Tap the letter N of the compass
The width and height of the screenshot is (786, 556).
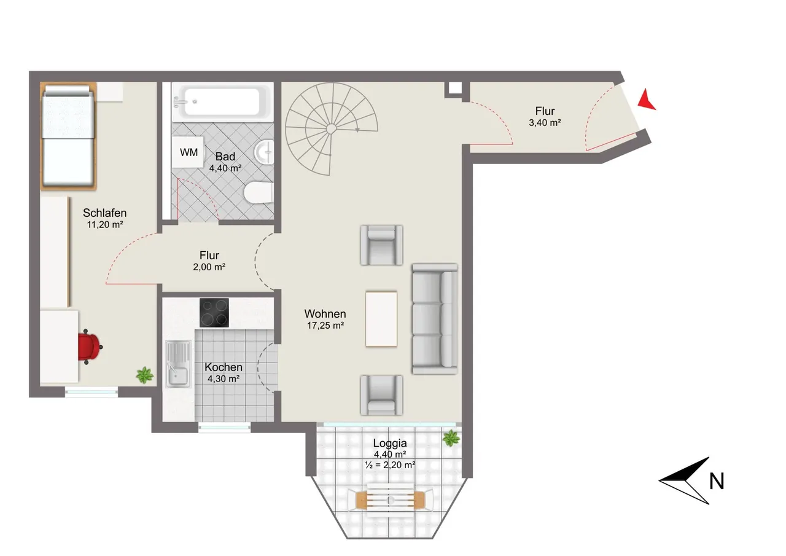coord(717,481)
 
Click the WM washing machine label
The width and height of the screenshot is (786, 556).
coord(189,152)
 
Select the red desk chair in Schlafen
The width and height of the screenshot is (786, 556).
coord(89,347)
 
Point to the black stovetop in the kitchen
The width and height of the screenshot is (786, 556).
coord(214,312)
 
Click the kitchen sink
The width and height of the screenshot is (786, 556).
coord(178,364)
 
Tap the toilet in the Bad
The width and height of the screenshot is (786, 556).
coord(259,192)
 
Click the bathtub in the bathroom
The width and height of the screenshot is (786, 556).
coord(222,102)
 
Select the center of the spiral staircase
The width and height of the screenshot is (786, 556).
coord(330,129)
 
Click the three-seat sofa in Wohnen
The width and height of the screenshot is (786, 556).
coord(435,319)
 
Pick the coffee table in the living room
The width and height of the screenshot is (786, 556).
coord(381,319)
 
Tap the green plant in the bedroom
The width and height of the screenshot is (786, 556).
coord(144,375)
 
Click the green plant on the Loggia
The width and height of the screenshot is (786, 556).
coord(451,439)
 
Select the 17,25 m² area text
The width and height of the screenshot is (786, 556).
coord(325,326)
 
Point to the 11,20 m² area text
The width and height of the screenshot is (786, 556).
coord(105,225)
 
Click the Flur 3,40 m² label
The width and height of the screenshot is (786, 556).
coord(545,117)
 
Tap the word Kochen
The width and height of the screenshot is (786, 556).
coord(224,367)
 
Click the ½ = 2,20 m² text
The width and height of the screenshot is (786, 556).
coord(390,465)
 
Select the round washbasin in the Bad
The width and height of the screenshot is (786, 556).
coord(264,152)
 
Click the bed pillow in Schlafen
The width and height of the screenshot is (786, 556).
coord(68,92)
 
